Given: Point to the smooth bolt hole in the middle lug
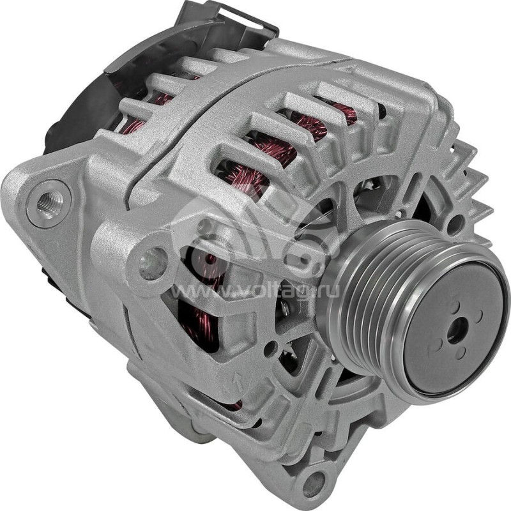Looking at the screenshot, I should (153, 263).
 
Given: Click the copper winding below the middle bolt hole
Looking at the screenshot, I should (195, 319).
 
